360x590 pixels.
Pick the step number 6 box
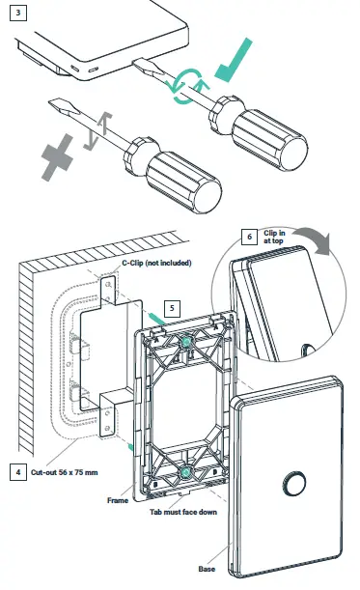(250, 235)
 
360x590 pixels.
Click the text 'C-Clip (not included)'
(157, 263)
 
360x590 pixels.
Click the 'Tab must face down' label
(180, 512)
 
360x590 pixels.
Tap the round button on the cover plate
(290, 478)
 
